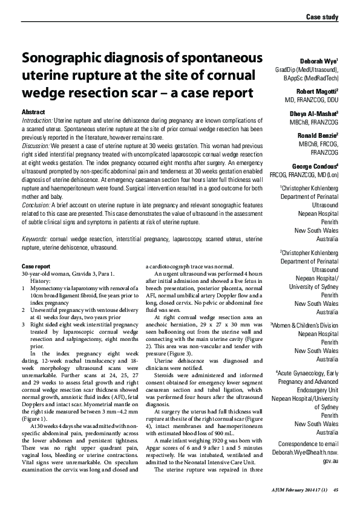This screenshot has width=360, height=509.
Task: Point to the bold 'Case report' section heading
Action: click(x=36, y=266)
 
